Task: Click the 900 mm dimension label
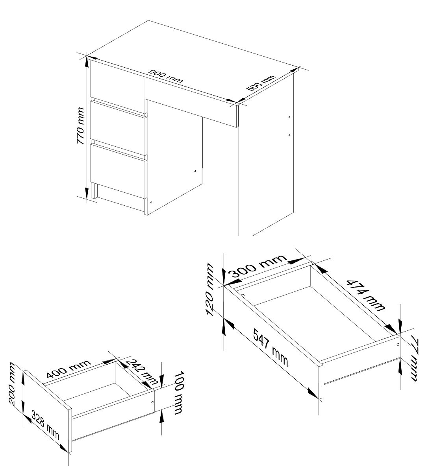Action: coord(166,76)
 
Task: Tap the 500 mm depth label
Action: coord(261,83)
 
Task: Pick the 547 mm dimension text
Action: coord(271,348)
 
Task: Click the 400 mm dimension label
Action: coord(69,369)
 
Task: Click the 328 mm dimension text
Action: coord(45,425)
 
